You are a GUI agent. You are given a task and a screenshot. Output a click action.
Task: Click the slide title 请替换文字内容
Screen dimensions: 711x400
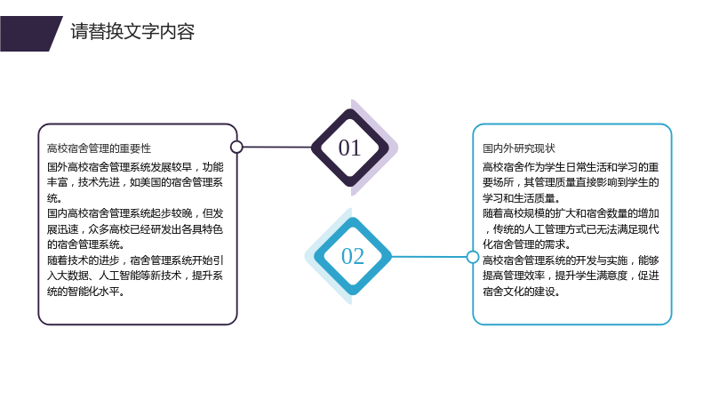[132, 32]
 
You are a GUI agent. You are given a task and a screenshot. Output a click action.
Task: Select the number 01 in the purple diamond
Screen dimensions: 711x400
[349, 148]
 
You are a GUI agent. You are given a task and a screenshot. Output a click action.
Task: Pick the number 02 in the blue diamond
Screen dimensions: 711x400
[352, 256]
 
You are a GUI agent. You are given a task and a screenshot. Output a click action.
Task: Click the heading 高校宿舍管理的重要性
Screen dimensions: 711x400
[99, 148]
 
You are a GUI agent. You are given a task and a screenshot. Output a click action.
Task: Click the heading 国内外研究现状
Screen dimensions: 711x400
[519, 148]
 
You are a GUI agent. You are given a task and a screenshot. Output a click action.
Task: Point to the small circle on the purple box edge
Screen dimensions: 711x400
[236, 147]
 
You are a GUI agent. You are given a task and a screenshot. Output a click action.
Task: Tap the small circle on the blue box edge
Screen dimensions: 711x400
[473, 257]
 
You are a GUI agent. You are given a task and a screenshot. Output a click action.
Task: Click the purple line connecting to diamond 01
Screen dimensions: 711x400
[276, 147]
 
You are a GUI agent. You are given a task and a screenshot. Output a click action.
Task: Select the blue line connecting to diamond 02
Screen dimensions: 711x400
[429, 257]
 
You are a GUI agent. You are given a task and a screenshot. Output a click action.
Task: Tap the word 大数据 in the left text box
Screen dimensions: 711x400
[73, 276]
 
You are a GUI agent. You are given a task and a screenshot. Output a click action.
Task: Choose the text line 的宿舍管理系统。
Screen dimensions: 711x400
[85, 244]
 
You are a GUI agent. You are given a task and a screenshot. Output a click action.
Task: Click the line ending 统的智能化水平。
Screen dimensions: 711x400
[85, 292]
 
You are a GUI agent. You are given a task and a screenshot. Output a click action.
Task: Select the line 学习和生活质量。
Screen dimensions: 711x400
[522, 198]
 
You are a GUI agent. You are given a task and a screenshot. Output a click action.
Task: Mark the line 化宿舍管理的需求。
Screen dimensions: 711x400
[526, 244]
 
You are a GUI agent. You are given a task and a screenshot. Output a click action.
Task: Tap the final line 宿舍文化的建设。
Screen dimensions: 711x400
[522, 292]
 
